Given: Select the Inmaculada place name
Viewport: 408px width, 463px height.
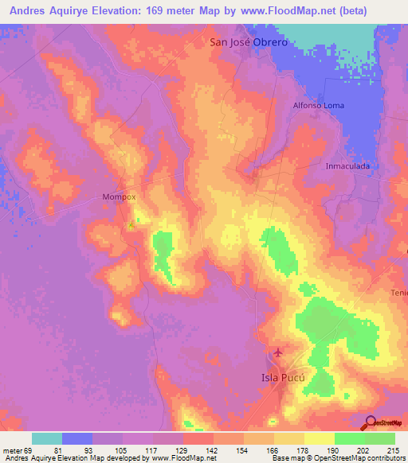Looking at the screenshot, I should tap(348, 166).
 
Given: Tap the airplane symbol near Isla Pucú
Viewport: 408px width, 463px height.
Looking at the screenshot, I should tap(277, 352).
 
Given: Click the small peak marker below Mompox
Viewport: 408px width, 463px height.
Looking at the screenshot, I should tap(131, 225).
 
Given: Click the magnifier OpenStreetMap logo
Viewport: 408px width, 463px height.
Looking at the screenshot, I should tap(371, 422).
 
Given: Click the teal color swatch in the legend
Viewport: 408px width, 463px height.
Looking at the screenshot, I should tap(47, 438).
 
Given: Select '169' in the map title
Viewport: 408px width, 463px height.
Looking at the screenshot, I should tap(149, 10).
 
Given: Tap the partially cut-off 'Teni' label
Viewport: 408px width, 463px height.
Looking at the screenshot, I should tap(398, 293).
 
